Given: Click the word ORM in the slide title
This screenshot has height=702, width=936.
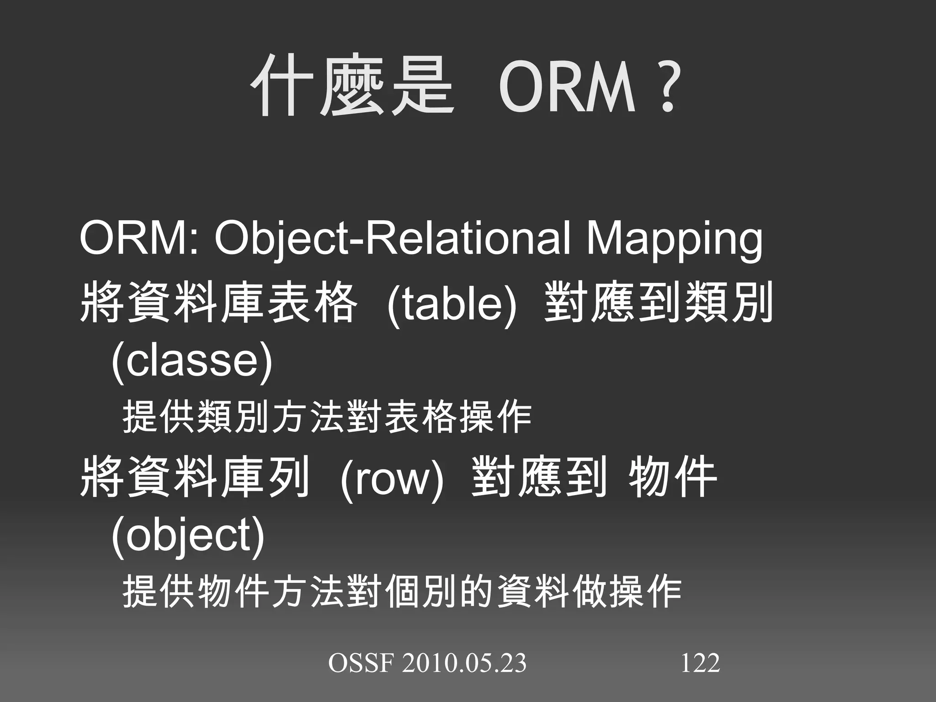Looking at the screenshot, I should [567, 88].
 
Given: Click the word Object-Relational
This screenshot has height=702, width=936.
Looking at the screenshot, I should [393, 239].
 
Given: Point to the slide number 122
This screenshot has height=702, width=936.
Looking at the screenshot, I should [700, 663].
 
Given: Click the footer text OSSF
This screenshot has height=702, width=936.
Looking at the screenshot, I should [361, 663].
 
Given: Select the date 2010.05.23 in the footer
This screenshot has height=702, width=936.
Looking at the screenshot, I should [464, 663].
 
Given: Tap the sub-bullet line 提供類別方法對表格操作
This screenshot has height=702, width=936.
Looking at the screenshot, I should [327, 417].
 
